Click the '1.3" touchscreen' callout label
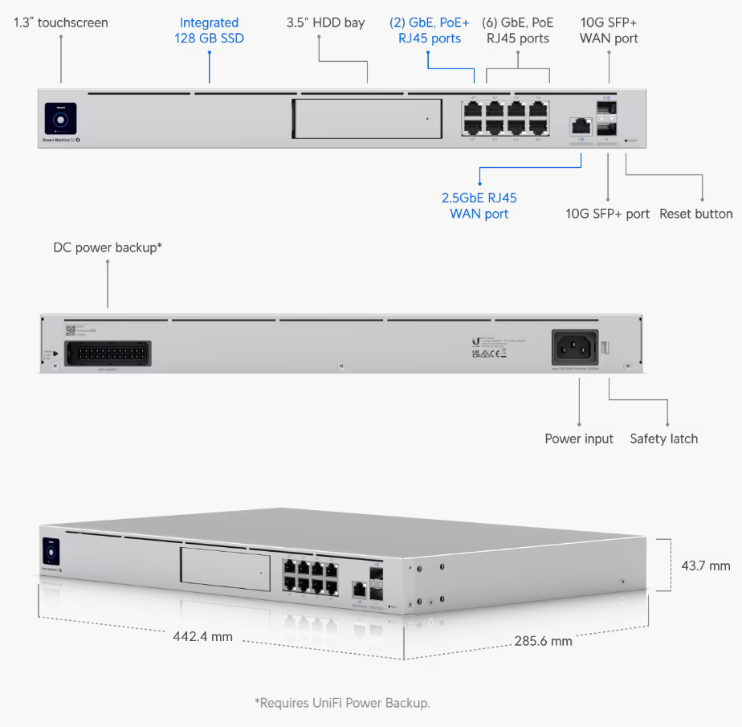click(x=61, y=22)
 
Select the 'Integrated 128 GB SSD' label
click(x=209, y=31)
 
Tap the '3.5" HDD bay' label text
click(x=325, y=22)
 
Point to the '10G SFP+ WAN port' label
click(x=609, y=31)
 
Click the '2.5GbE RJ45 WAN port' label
click(x=479, y=206)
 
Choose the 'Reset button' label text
click(x=695, y=214)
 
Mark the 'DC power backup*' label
click(x=108, y=247)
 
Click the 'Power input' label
click(x=579, y=439)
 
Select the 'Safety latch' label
click(x=663, y=439)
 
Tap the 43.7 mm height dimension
click(x=706, y=566)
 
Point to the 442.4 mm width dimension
click(x=202, y=636)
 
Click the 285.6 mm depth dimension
click(x=543, y=641)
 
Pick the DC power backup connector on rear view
click(x=108, y=353)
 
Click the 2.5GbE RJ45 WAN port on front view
click(x=580, y=126)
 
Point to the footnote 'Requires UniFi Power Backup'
click(x=343, y=703)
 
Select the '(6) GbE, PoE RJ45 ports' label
click(x=518, y=31)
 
